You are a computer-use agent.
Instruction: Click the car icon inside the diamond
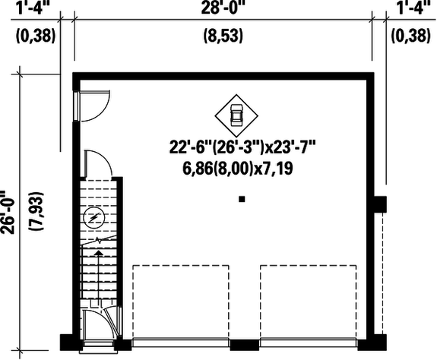236,115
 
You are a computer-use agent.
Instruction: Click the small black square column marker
242,200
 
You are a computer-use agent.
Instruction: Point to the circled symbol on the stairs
93,219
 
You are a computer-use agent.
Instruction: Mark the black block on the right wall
380,204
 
